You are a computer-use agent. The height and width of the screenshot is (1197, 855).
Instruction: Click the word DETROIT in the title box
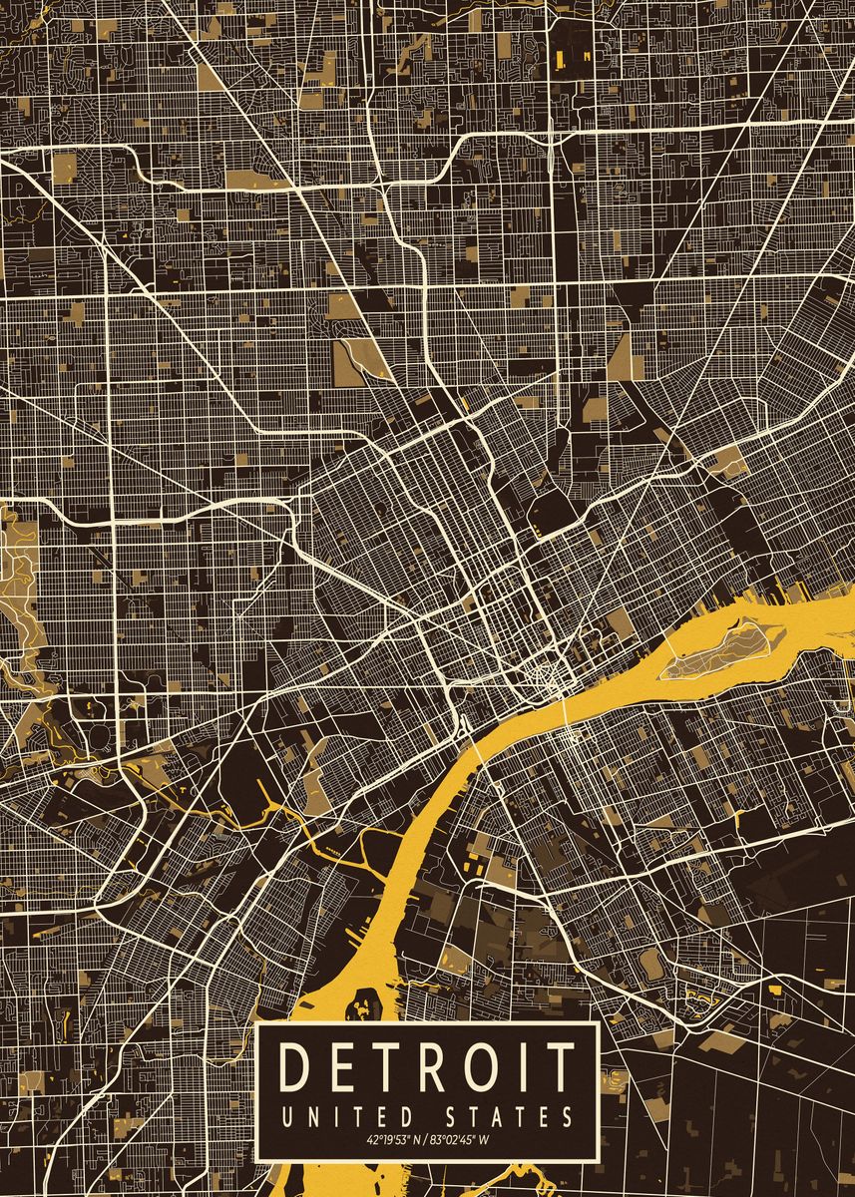tap(428, 1066)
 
